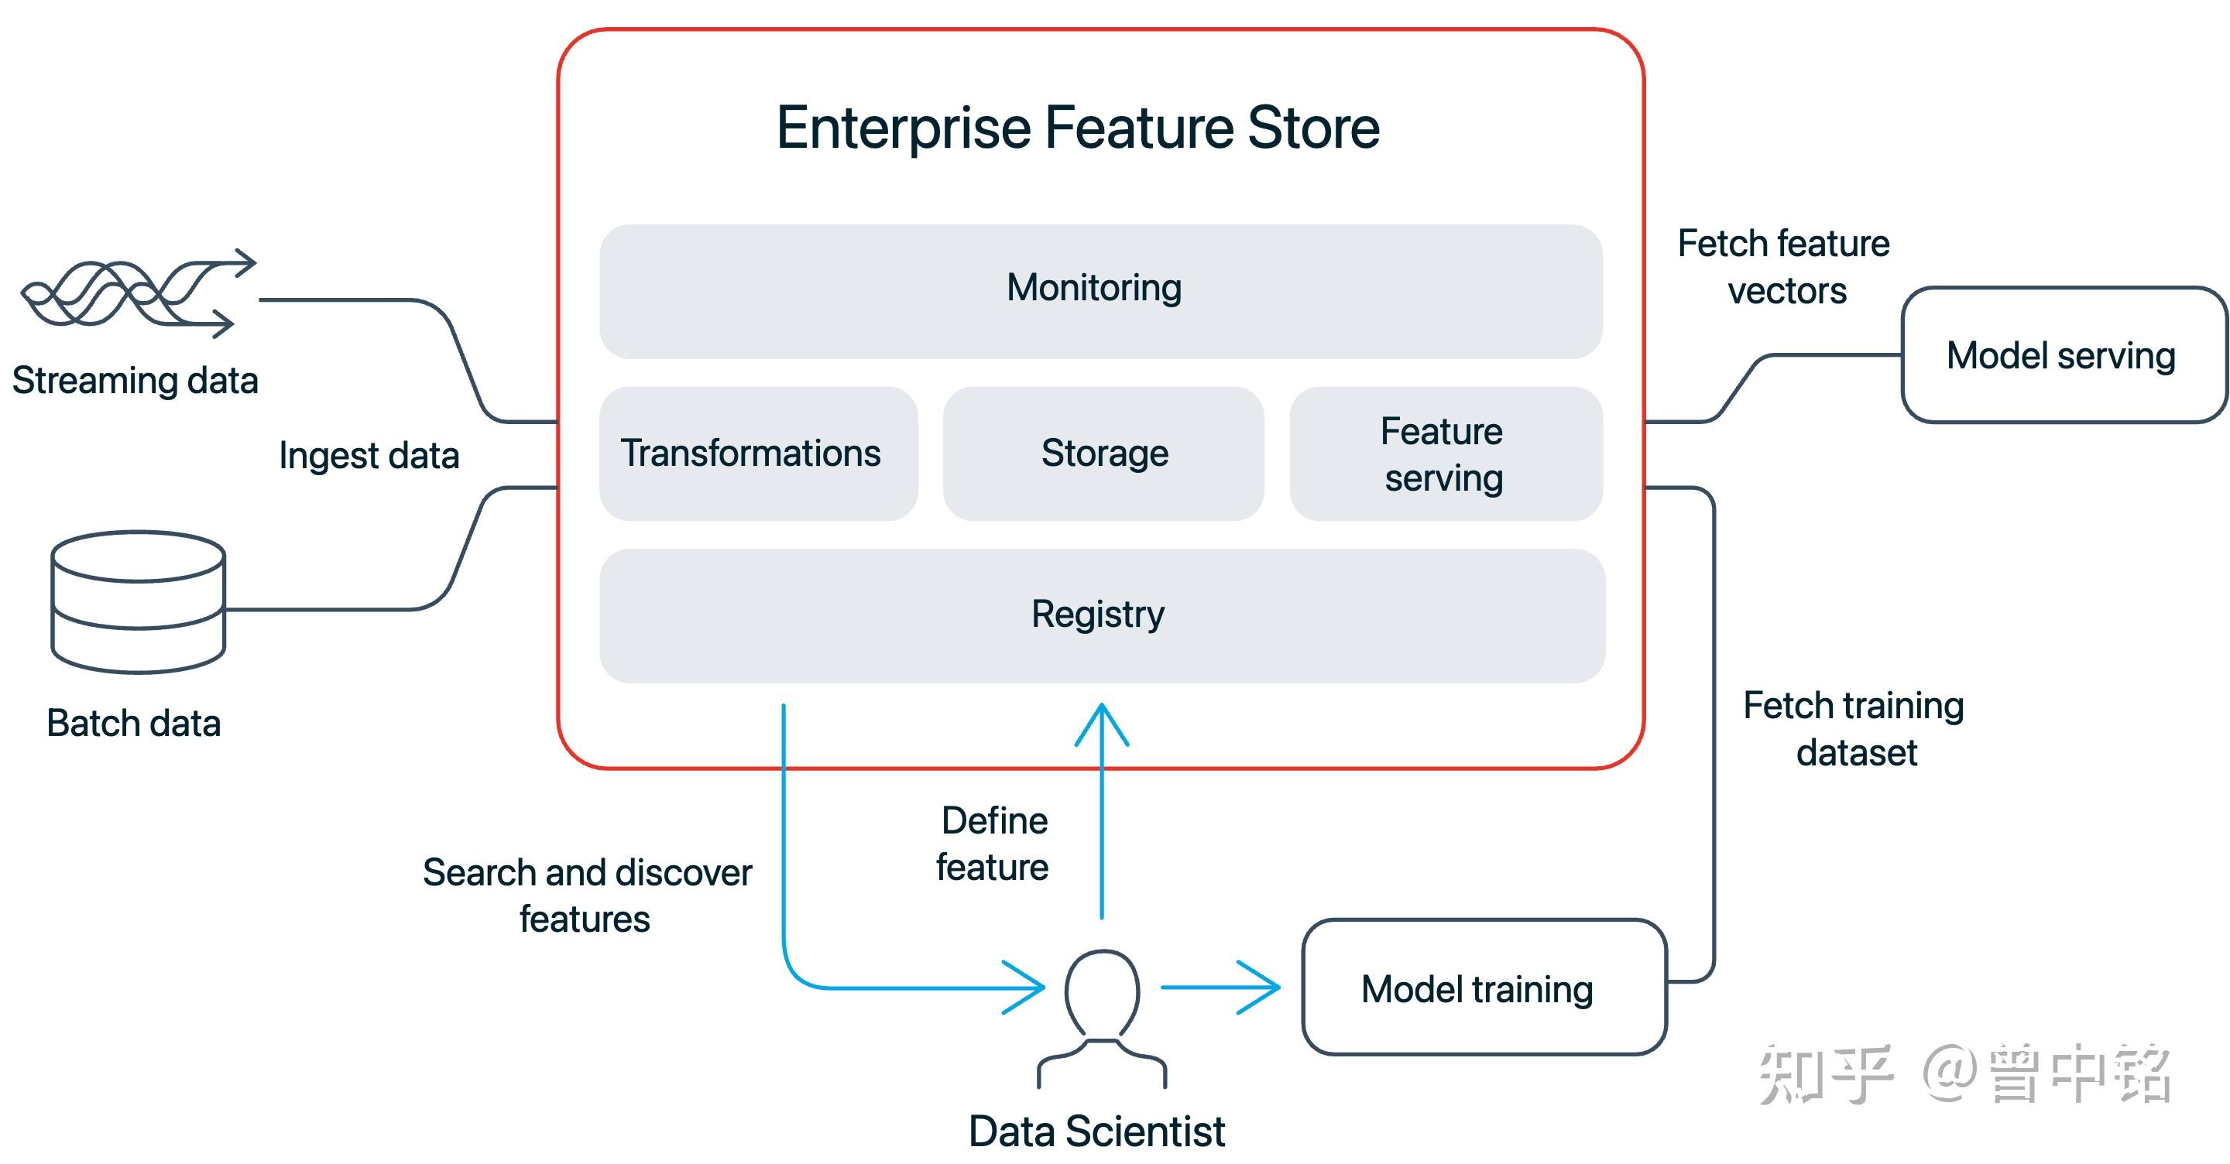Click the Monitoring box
click(x=1100, y=291)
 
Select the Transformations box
click(x=757, y=454)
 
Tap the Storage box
click(x=1103, y=454)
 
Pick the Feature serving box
click(x=1444, y=454)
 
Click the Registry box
click(x=1101, y=615)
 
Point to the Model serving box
click(x=2062, y=354)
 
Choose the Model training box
click(x=1483, y=988)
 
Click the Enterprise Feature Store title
click(x=1077, y=127)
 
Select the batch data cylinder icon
click(x=139, y=601)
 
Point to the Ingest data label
click(x=369, y=455)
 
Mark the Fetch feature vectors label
click(x=1784, y=266)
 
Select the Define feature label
click(x=993, y=843)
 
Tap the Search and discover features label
click(x=587, y=895)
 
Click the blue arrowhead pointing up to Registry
click(x=1101, y=723)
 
